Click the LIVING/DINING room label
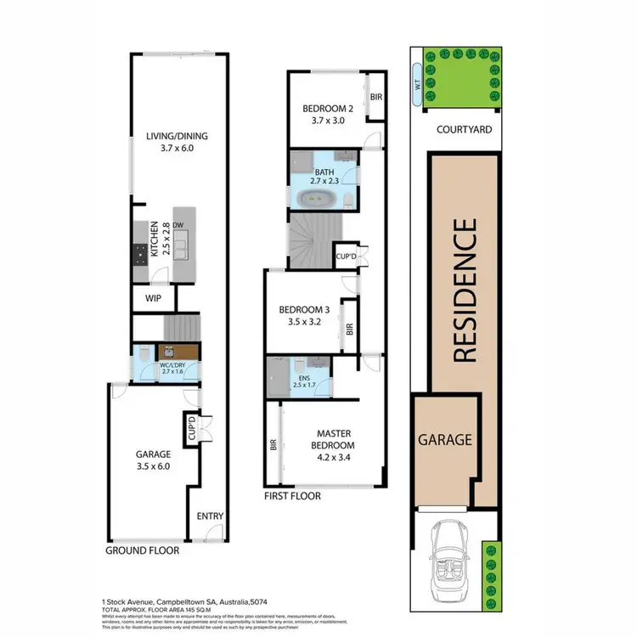177,142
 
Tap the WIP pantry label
153,299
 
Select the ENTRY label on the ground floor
209,516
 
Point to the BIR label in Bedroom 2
376,98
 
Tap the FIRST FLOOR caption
292,496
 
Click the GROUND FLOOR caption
142,550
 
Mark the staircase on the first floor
314,240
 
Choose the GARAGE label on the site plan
443,440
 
